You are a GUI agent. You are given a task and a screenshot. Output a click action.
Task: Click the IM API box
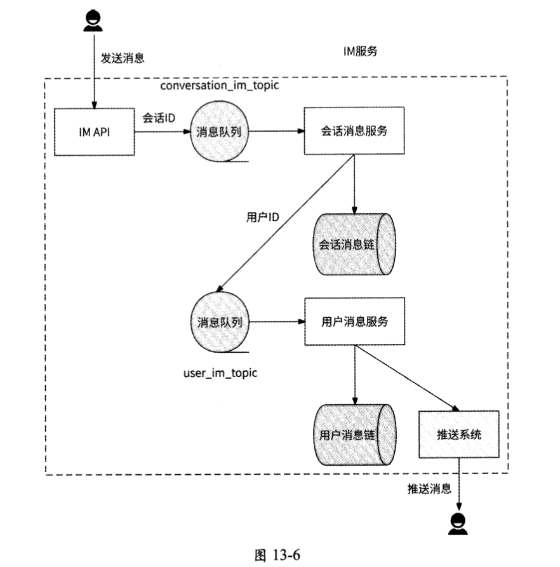click(94, 132)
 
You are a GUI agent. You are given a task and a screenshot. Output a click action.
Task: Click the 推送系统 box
click(459, 435)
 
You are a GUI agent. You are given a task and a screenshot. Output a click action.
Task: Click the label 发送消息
click(123, 58)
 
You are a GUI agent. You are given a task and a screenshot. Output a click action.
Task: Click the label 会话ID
click(159, 118)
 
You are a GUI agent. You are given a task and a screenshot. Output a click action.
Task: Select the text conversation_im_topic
click(218, 85)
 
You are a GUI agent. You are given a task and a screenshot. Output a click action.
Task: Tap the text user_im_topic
click(216, 372)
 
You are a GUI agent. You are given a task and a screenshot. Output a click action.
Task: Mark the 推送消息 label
click(429, 488)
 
